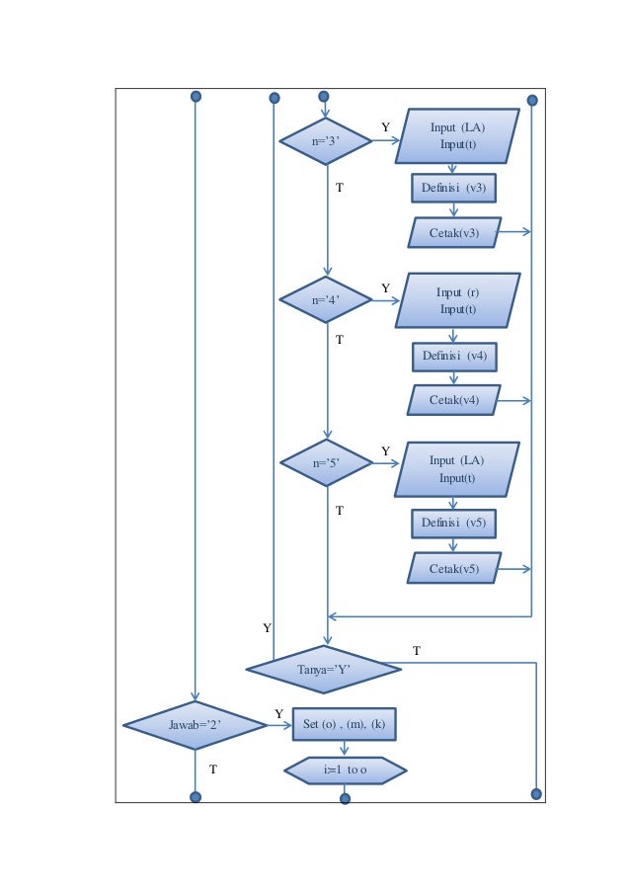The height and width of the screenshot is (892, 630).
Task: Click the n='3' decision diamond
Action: click(x=326, y=141)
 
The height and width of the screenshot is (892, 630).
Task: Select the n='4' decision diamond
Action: click(x=326, y=300)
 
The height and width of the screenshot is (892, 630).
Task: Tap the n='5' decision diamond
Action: click(x=326, y=461)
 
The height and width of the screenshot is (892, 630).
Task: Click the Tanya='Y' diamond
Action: click(x=324, y=670)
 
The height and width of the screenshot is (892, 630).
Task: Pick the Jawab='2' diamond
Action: click(x=195, y=725)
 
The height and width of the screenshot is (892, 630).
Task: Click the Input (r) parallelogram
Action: click(x=457, y=301)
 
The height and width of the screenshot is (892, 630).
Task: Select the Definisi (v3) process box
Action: click(x=453, y=188)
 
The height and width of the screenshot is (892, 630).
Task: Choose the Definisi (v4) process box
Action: click(x=454, y=356)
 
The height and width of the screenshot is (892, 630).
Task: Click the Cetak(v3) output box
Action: click(x=454, y=233)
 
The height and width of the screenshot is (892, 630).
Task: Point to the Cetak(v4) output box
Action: click(x=454, y=400)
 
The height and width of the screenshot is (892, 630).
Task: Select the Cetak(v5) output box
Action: click(x=454, y=569)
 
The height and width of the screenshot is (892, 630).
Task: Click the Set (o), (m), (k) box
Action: click(x=345, y=724)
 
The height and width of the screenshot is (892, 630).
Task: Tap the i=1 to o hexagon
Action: click(x=345, y=770)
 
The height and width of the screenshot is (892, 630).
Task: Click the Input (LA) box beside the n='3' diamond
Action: click(x=457, y=136)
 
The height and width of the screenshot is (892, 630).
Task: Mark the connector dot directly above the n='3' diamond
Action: click(x=323, y=97)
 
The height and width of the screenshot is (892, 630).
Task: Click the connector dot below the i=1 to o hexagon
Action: click(x=345, y=798)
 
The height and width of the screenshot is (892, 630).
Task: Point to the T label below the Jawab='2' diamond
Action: click(x=212, y=768)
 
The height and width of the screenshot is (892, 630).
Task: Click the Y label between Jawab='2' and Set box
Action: click(x=278, y=713)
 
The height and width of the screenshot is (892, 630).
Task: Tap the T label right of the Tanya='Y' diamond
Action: click(x=416, y=651)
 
